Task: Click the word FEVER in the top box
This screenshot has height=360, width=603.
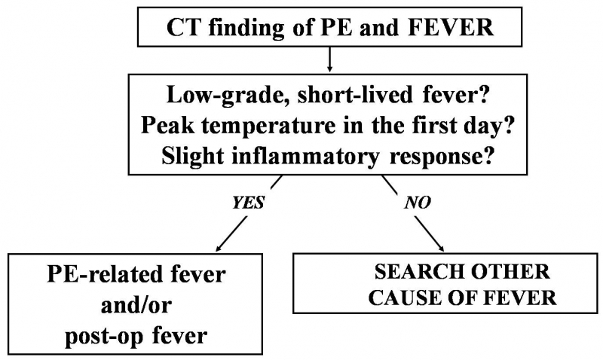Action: point(450,28)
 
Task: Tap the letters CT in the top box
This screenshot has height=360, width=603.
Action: point(182,28)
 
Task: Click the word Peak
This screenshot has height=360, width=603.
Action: point(167,125)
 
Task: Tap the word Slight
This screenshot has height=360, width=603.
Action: point(194,157)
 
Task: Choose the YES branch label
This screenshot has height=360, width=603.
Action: point(249,203)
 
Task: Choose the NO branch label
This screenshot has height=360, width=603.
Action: point(418,203)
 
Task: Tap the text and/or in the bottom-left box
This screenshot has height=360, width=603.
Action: point(136,306)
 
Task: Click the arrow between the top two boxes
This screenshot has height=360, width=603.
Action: point(329,59)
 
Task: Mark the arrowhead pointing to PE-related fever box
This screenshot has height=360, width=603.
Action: point(219,249)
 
